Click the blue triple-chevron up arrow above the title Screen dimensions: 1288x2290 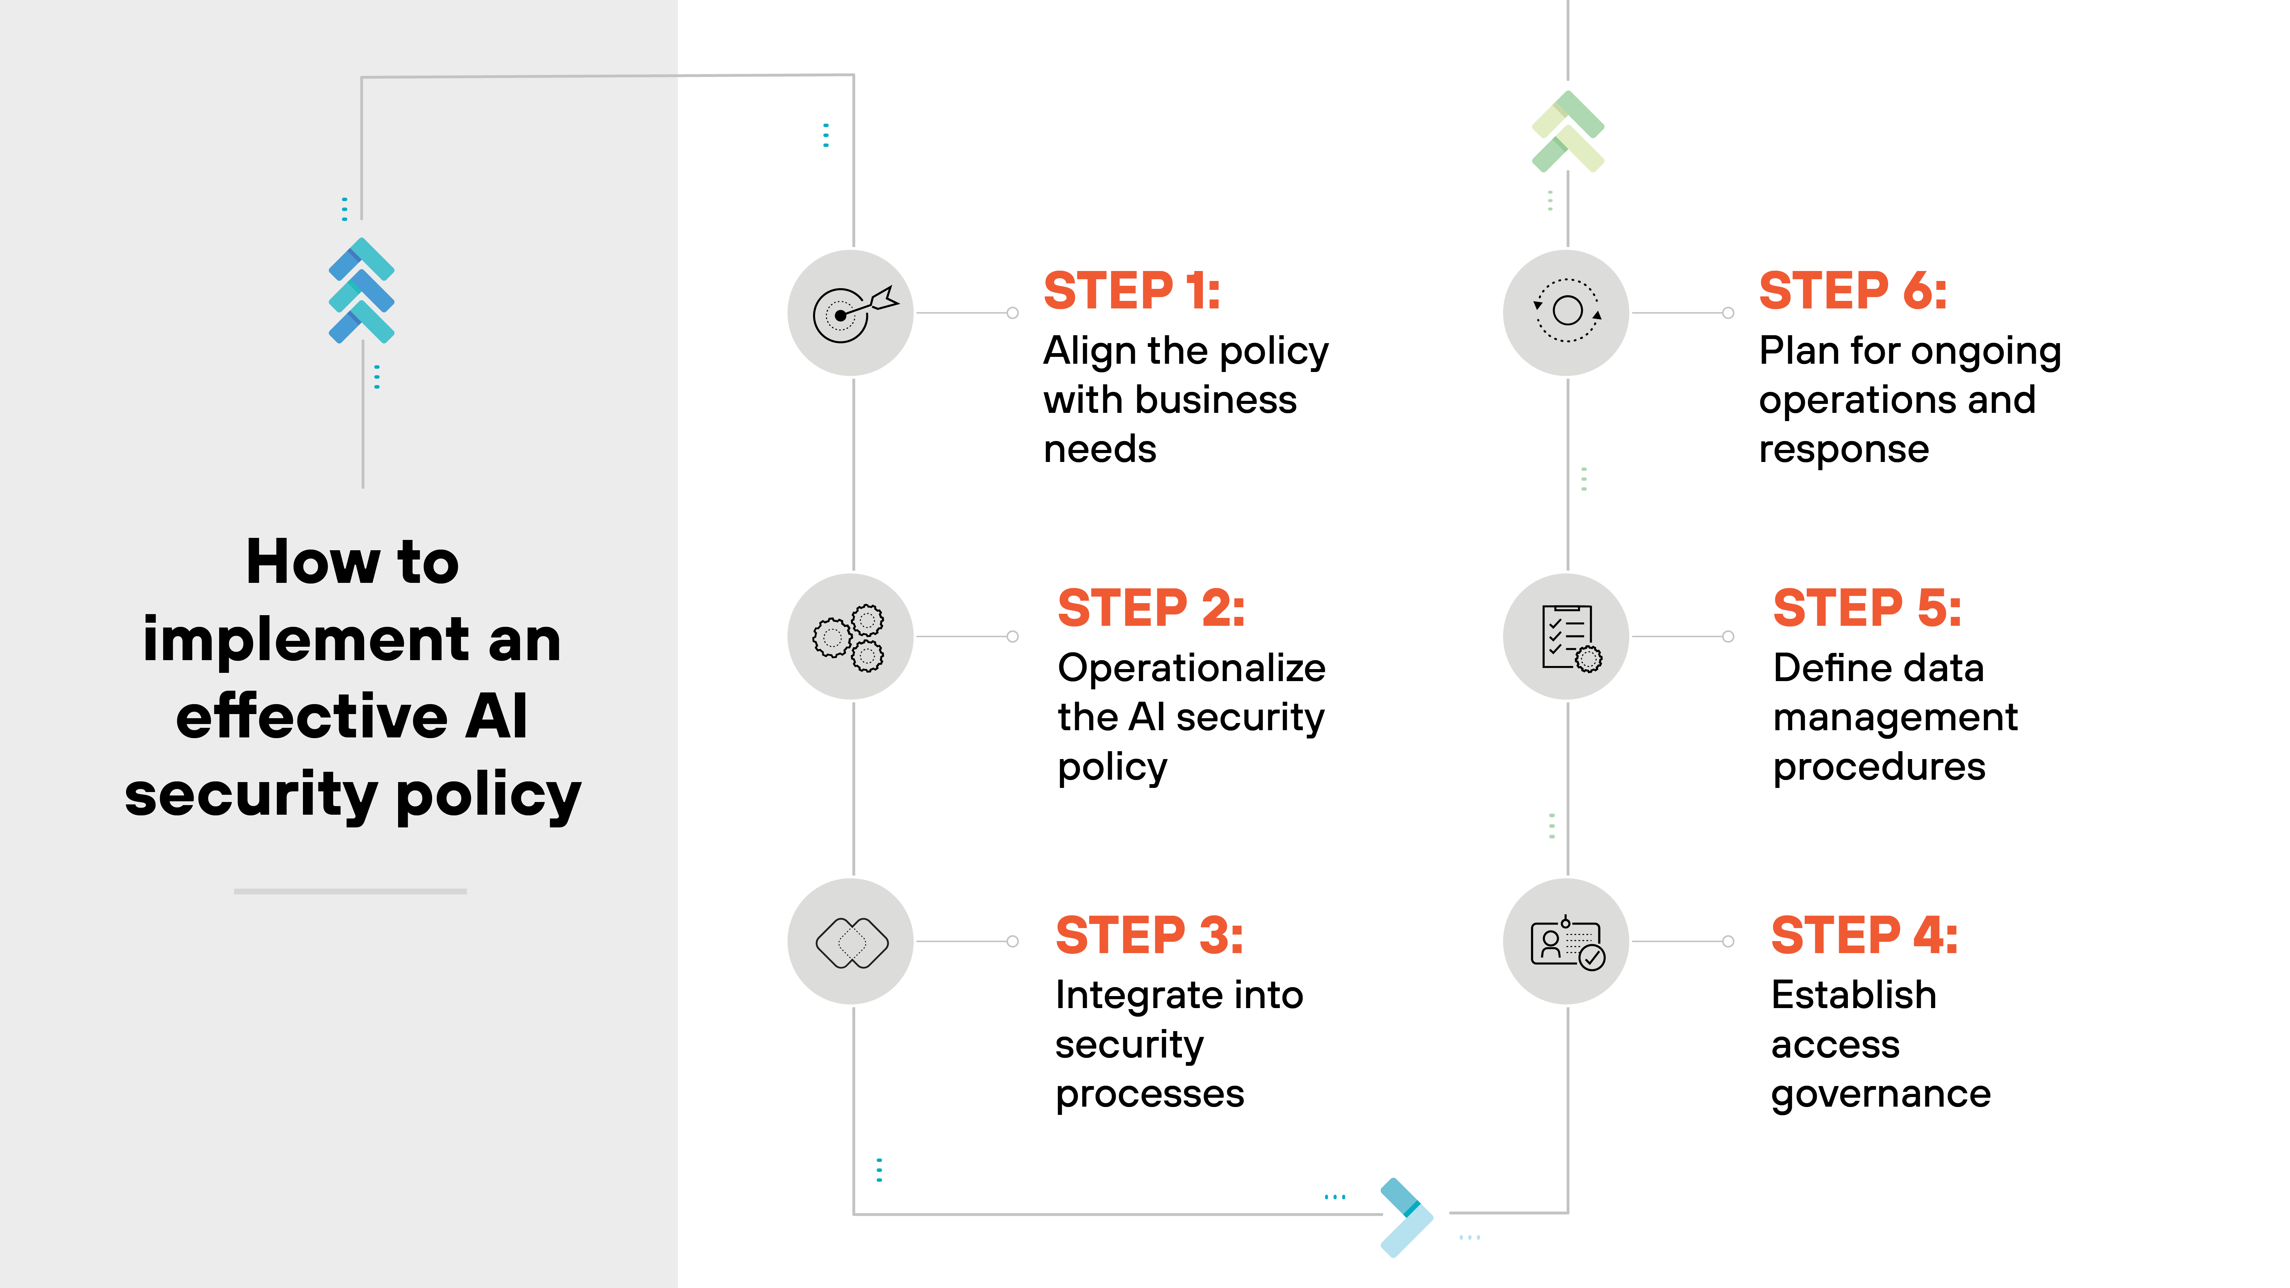(x=361, y=291)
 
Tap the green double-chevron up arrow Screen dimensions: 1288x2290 (x=1567, y=132)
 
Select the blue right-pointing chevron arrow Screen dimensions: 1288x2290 (x=1406, y=1217)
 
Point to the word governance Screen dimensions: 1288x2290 (x=1880, y=1094)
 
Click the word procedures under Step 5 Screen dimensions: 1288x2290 (x=1879, y=767)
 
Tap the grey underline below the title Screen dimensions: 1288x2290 (x=350, y=891)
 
